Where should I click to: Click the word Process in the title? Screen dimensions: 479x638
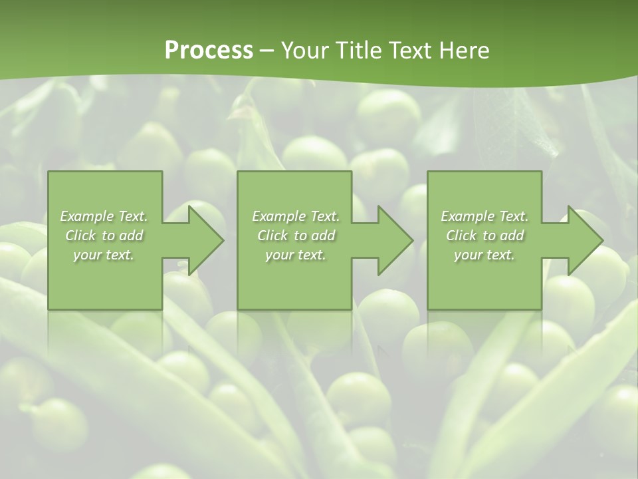[209, 51]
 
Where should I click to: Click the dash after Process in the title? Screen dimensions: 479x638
[266, 51]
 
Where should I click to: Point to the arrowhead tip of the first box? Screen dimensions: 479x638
[223, 240]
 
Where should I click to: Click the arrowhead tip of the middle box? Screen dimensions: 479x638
[412, 240]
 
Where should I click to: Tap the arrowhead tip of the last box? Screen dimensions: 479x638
[602, 240]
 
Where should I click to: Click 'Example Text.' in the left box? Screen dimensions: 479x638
[104, 216]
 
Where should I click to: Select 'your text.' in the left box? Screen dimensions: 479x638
[104, 255]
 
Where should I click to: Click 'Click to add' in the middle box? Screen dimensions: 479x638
[296, 236]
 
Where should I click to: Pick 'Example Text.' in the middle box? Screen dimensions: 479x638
[296, 216]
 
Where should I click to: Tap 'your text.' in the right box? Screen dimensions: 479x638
[484, 255]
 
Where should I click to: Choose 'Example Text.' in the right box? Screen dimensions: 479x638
[484, 216]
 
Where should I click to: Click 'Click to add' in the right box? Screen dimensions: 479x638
[484, 236]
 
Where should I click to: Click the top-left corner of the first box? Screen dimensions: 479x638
[49, 172]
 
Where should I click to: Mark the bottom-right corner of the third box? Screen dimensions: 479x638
[541, 309]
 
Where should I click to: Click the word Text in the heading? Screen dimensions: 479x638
[408, 51]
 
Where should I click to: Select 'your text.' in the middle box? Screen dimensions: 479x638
[296, 255]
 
